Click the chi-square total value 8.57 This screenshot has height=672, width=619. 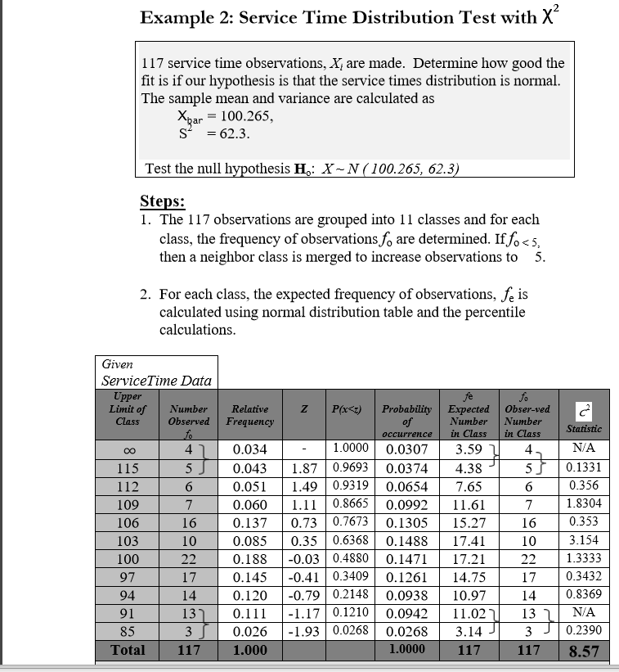tap(585, 652)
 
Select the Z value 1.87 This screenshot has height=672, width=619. tap(305, 468)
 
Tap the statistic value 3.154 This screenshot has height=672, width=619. tap(584, 540)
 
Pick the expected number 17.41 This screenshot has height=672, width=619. tap(469, 540)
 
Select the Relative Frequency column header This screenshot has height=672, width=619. tap(251, 414)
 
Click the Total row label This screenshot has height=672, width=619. tap(127, 650)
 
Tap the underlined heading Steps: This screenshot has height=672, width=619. tap(163, 201)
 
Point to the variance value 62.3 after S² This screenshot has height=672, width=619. tap(218, 133)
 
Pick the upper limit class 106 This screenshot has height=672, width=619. tap(127, 522)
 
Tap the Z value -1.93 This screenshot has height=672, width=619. tap(303, 631)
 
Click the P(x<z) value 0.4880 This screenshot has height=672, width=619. tap(348, 558)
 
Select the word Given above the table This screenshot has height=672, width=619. tap(118, 363)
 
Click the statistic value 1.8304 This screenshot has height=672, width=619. tap(584, 504)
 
